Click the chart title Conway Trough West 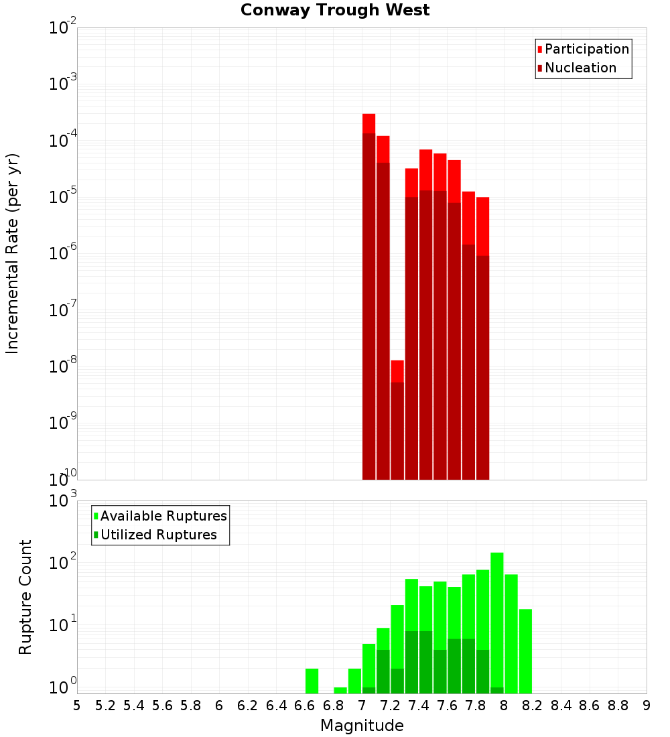(x=335, y=10)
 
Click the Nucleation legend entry (x=580, y=68)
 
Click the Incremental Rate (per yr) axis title (x=13, y=253)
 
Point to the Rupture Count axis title (x=25, y=597)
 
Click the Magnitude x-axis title (x=362, y=726)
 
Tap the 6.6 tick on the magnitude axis (x=305, y=706)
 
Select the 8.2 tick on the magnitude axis (x=533, y=706)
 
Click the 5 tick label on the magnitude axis (x=77, y=706)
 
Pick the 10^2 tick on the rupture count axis (x=64, y=563)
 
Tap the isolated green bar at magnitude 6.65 (x=312, y=681)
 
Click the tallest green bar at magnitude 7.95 (x=496, y=623)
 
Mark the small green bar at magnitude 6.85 (x=340, y=690)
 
